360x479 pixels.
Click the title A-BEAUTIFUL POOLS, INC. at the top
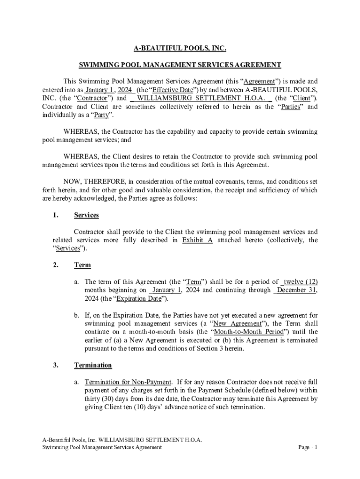180,48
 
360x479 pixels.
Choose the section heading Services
86,215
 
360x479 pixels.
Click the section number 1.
56,215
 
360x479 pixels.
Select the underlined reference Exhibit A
197,240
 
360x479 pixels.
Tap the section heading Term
82,265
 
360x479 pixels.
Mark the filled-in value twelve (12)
301,282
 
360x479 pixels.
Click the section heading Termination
93,365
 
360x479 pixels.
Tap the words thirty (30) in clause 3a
101,399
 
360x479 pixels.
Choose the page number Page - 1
308,447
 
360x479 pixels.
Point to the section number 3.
56,365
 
